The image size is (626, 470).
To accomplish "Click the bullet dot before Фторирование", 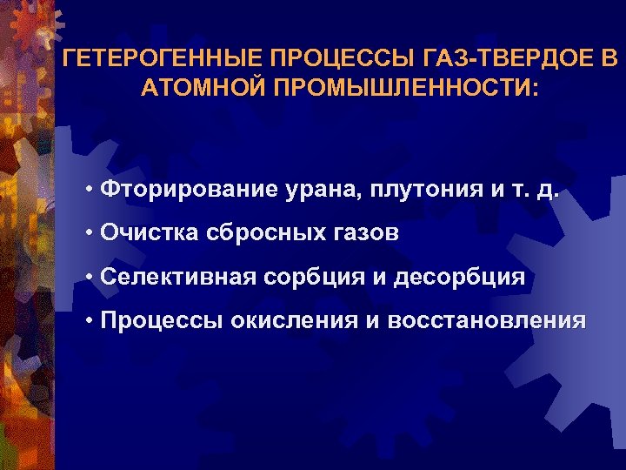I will pos(90,189).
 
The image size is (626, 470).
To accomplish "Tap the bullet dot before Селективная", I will pos(90,278).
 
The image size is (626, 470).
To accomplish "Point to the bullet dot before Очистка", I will pos(90,232).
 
